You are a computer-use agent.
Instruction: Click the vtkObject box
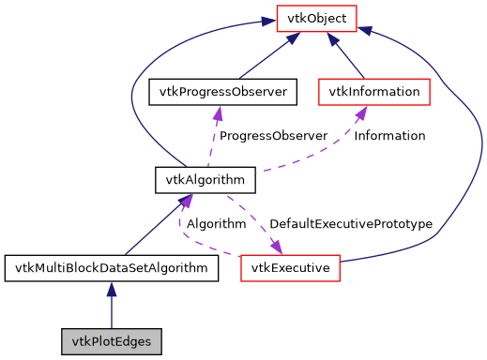pyautogui.click(x=316, y=18)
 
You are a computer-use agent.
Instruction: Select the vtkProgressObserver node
pyautogui.click(x=223, y=92)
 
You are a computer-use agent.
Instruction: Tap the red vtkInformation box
pyautogui.click(x=374, y=92)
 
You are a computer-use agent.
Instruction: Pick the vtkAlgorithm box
pyautogui.click(x=192, y=179)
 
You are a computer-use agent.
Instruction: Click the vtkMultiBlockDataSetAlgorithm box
pyautogui.click(x=112, y=269)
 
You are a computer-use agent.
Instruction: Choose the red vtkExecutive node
pyautogui.click(x=290, y=269)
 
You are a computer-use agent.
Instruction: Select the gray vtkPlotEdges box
pyautogui.click(x=112, y=338)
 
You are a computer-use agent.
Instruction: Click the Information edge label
pyautogui.click(x=388, y=136)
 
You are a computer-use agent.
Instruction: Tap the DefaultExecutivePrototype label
pyautogui.click(x=350, y=224)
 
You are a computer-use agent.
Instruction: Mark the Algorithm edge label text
pyautogui.click(x=216, y=224)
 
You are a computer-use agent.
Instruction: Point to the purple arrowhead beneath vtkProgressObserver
pyautogui.click(x=218, y=112)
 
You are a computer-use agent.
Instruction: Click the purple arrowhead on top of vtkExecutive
pyautogui.click(x=276, y=247)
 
